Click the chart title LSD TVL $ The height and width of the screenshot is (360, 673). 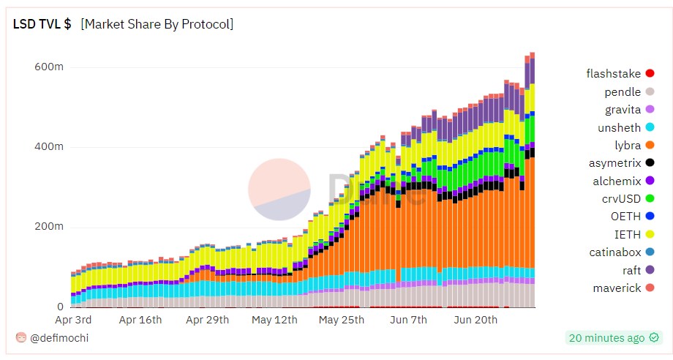point(42,24)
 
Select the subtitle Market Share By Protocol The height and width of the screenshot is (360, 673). point(157,24)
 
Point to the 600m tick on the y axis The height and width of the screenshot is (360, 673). point(49,67)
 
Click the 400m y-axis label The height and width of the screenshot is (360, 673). point(49,146)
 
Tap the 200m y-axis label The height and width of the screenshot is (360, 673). point(49,227)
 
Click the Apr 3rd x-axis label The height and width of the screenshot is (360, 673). point(73,320)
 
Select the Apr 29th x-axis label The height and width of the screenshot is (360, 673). point(207,320)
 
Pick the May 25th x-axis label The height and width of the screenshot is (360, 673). point(342,320)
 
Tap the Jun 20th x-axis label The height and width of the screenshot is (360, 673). point(475,320)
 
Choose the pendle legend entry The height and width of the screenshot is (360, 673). point(623,91)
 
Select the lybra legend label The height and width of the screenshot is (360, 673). point(628,146)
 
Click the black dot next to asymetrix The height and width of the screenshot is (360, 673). point(650,162)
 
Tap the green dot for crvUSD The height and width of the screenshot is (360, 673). point(650,198)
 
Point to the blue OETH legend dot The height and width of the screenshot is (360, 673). point(650,217)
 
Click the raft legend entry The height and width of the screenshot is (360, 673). point(631,271)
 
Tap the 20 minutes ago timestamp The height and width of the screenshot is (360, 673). point(606,337)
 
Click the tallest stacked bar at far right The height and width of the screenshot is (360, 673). point(532,183)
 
